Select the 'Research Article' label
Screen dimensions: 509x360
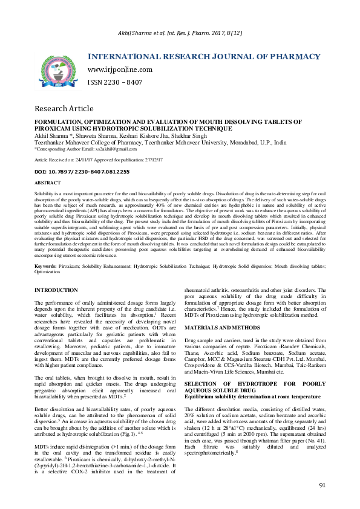point(64,109)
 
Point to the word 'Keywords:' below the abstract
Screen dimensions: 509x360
point(47,266)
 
